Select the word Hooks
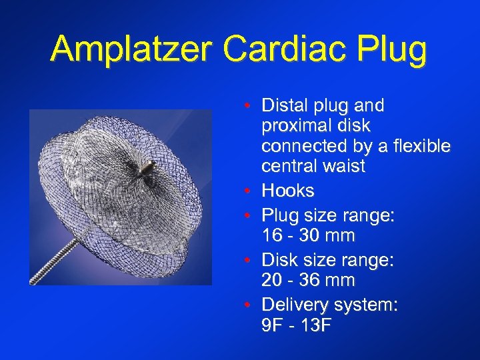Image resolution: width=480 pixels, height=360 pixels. (288, 191)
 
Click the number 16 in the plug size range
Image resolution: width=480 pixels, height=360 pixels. (273, 235)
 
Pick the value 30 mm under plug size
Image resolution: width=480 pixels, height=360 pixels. (331, 235)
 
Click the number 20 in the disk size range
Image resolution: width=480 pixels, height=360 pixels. (273, 280)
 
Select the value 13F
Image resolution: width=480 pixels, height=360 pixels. (318, 327)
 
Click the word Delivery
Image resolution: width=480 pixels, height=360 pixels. (291, 305)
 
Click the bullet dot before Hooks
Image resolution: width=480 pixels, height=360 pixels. (247, 191)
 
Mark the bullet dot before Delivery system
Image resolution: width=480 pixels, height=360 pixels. (247, 305)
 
